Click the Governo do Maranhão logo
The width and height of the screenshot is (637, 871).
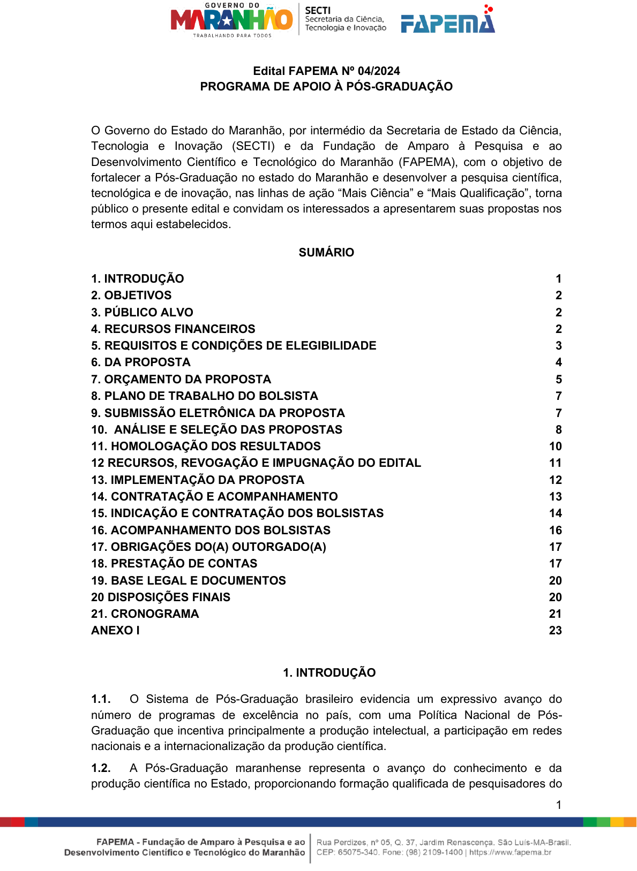point(231,20)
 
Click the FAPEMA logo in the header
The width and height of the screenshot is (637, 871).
point(448,21)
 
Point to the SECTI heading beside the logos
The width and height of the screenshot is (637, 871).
point(318,10)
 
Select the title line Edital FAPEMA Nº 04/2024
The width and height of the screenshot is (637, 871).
point(326,71)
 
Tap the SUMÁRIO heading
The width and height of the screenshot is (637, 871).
point(326,252)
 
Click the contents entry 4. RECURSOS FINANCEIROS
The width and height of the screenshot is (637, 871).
point(173,329)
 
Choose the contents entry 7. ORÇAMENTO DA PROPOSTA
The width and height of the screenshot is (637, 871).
point(181,379)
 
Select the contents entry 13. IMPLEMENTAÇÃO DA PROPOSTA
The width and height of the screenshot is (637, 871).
point(198,480)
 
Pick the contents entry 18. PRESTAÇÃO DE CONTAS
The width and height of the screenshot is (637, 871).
point(174,563)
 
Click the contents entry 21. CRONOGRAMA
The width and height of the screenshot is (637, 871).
point(145,614)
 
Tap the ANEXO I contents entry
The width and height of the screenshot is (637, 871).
point(115,630)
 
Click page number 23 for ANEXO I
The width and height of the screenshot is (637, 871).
point(555,630)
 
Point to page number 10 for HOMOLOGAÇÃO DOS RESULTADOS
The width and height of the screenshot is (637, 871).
point(555,446)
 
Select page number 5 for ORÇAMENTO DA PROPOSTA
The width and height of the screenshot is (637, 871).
point(558,379)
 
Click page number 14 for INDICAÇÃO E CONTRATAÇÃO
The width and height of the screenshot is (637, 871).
point(555,513)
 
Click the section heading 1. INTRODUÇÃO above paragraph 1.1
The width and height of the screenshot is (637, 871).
point(329,672)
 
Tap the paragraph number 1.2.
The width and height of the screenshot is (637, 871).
point(101,768)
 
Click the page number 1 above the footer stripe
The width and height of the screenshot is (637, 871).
point(558,805)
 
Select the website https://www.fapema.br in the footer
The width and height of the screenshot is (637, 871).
point(510,852)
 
